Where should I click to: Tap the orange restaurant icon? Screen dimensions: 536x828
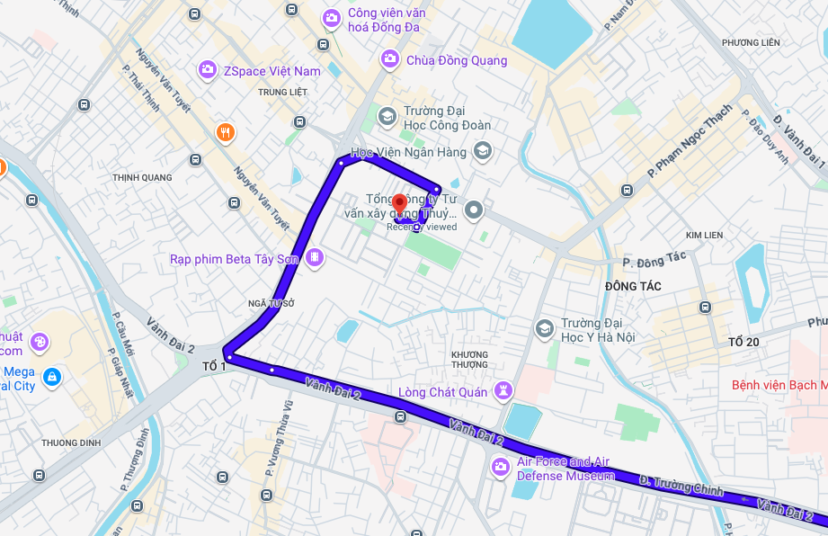click(225, 133)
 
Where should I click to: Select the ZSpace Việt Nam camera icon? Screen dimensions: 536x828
click(208, 69)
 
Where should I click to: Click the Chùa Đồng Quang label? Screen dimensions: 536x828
click(456, 60)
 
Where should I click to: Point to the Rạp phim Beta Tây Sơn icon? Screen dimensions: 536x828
click(315, 258)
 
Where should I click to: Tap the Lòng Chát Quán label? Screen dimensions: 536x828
click(442, 391)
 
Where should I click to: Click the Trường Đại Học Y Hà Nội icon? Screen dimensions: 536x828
click(543, 328)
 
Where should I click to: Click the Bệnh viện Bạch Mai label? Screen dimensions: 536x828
click(779, 385)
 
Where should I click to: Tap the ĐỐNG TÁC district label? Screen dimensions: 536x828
click(633, 286)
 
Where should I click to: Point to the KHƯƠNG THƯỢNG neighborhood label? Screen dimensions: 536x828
click(469, 359)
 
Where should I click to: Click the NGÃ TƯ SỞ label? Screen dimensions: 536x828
click(272, 304)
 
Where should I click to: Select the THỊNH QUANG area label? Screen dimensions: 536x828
click(142, 177)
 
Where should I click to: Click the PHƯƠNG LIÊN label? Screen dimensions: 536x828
click(751, 42)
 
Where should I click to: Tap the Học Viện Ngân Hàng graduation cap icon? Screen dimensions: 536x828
click(483, 150)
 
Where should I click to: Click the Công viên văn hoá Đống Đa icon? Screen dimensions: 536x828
click(332, 17)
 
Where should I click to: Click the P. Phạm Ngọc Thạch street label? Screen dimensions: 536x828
click(690, 141)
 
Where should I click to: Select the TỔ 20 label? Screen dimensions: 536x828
click(743, 342)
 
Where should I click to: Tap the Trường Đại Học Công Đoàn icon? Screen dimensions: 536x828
click(387, 115)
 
